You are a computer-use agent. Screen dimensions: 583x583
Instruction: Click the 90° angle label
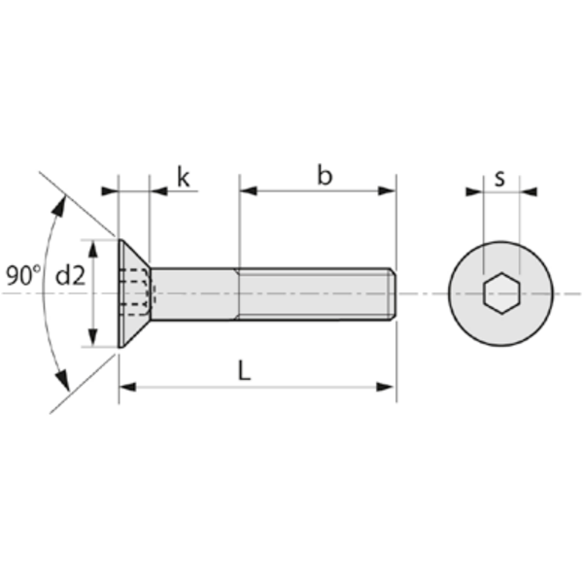(21, 275)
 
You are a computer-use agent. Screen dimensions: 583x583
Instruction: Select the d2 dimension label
(71, 276)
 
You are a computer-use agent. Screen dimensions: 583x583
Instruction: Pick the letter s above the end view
(499, 177)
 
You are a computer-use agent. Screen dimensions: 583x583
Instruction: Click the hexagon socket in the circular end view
(500, 293)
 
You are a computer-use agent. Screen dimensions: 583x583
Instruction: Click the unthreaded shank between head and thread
(194, 293)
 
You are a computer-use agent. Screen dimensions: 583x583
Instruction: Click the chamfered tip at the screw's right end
(393, 293)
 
